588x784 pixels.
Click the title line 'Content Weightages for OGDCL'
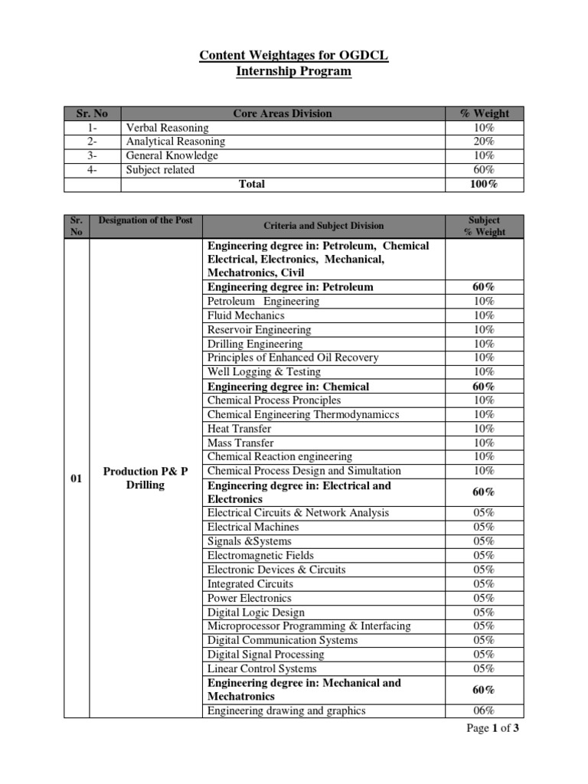click(294, 55)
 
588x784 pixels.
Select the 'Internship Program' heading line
click(294, 71)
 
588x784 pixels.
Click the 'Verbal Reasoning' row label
click(167, 128)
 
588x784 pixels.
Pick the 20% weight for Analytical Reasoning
click(484, 142)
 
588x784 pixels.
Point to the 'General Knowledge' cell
click(171, 155)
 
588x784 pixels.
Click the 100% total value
click(484, 185)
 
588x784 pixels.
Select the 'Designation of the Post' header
click(145, 220)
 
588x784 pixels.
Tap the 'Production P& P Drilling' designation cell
click(145, 479)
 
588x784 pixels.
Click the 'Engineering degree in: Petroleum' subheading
click(290, 287)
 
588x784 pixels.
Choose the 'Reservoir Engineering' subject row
click(259, 330)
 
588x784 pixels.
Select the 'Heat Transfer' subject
click(239, 429)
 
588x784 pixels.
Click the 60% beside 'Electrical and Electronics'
click(484, 492)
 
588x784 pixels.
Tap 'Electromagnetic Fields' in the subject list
click(260, 555)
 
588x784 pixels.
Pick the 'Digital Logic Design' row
click(256, 612)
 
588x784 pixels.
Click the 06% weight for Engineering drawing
click(484, 710)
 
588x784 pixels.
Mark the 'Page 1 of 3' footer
click(493, 728)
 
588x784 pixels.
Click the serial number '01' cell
click(76, 479)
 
